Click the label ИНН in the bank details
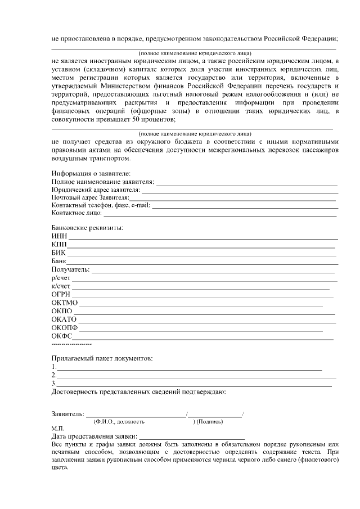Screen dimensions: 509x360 point(59,235)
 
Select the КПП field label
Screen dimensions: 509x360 point(59,244)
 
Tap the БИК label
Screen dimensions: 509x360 point(58,253)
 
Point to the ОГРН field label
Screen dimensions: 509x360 point(61,294)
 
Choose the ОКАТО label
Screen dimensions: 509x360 point(64,319)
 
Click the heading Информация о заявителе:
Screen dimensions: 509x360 point(91,174)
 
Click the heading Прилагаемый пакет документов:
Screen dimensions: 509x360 point(102,358)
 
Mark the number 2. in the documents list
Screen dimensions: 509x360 point(53,375)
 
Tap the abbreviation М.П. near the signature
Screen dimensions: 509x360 point(57,428)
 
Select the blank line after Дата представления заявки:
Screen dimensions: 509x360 point(192,436)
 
